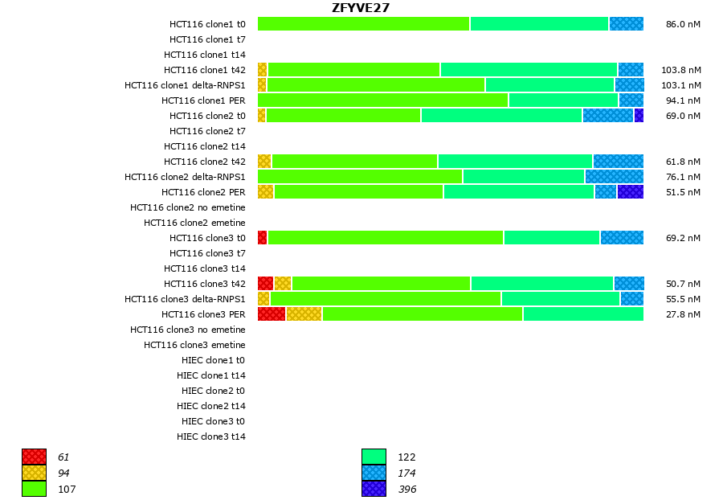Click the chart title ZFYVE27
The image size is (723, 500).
pyautogui.click(x=361, y=8)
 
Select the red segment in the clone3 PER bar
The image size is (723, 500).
pyautogui.click(x=272, y=314)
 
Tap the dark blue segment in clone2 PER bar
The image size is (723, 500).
pyautogui.click(x=630, y=191)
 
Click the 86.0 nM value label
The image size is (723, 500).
pyautogui.click(x=683, y=24)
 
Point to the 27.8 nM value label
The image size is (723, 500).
pyautogui.click(x=683, y=314)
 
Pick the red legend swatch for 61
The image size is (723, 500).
pyautogui.click(x=34, y=457)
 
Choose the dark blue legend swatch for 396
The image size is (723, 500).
pyautogui.click(x=374, y=489)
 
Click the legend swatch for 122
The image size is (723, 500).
pyautogui.click(x=374, y=457)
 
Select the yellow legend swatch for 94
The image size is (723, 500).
pyautogui.click(x=34, y=473)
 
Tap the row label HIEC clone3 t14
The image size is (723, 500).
pyautogui.click(x=211, y=436)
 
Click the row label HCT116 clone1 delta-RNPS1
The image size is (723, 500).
pyautogui.click(x=185, y=85)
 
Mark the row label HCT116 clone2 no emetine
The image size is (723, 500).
pyautogui.click(x=188, y=207)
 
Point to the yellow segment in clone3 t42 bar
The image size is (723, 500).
pyautogui.click(x=283, y=283)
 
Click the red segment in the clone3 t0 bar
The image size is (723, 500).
pyautogui.click(x=262, y=237)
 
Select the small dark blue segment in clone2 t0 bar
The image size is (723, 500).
pyautogui.click(x=639, y=115)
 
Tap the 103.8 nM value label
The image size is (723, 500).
pyautogui.click(x=680, y=70)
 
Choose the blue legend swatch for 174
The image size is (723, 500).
pyautogui.click(x=374, y=473)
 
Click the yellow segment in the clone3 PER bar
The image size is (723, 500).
pyautogui.click(x=304, y=314)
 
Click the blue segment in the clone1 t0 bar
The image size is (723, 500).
pyautogui.click(x=626, y=23)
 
